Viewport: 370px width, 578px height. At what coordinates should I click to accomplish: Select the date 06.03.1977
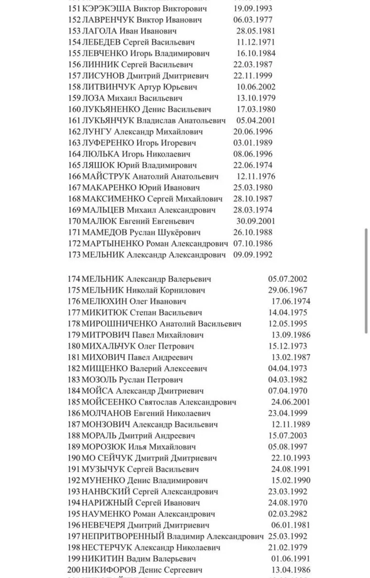pos(253,20)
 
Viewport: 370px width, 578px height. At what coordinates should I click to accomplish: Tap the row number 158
pos(74,87)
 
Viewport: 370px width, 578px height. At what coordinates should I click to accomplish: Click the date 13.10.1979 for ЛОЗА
pos(256,98)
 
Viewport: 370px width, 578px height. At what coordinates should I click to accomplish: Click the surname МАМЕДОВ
pos(105,232)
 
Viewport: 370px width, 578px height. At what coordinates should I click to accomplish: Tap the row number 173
pos(74,255)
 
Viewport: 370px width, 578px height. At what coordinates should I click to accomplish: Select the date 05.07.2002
pos(288,279)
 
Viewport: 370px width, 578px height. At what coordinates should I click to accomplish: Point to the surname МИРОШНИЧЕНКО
pos(120,324)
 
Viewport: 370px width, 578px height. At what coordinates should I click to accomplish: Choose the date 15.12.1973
pos(288,346)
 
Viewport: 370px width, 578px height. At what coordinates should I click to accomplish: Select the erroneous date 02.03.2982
pos(288,514)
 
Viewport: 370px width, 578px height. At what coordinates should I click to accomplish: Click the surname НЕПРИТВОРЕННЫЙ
pos(124,536)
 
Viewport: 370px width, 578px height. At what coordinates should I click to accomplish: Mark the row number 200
pos(74,570)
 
